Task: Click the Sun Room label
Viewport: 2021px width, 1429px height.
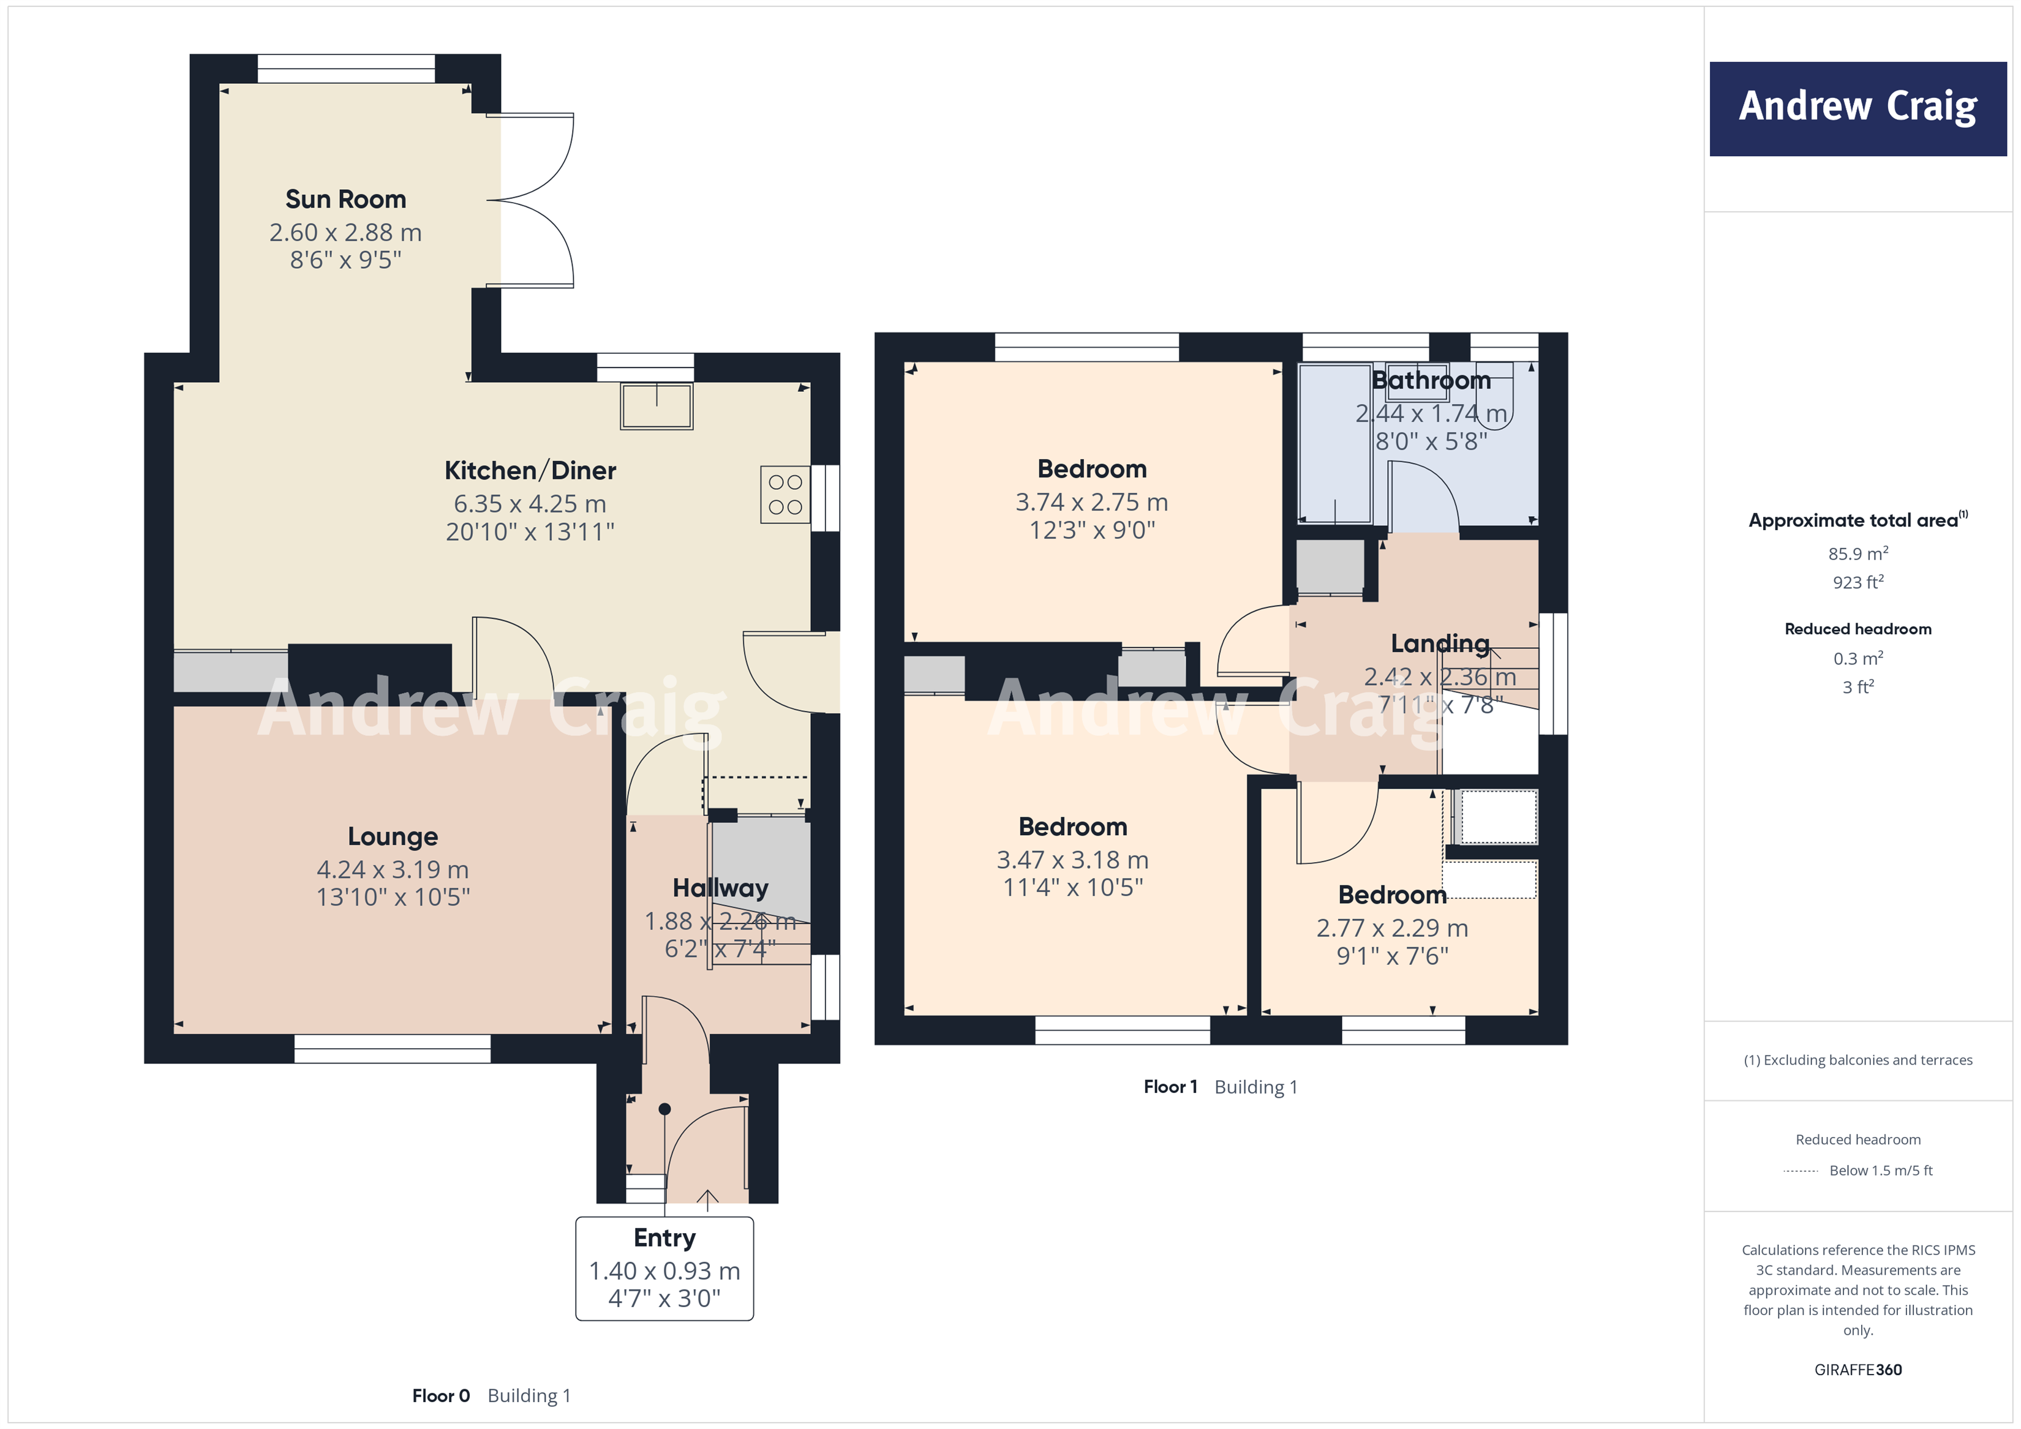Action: point(345,200)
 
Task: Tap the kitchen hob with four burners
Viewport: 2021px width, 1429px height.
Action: point(785,495)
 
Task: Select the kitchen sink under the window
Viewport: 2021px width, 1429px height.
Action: point(657,407)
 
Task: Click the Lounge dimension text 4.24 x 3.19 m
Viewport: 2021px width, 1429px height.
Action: point(393,869)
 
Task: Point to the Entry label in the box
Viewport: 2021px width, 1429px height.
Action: point(664,1237)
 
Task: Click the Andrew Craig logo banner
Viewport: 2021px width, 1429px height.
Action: point(1857,108)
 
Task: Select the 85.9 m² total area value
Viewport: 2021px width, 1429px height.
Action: point(1857,553)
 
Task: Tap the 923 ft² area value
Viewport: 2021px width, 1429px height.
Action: point(1857,582)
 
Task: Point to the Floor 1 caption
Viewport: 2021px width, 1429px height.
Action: point(1170,1087)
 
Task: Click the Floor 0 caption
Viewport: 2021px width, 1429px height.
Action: point(441,1395)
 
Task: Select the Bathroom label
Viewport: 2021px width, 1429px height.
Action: point(1431,380)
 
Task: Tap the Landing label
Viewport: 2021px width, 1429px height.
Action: point(1440,643)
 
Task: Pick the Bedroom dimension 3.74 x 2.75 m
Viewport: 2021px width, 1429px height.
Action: point(1091,503)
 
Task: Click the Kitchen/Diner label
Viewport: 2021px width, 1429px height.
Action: point(530,471)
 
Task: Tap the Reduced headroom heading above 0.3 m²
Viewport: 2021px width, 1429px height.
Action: point(1857,629)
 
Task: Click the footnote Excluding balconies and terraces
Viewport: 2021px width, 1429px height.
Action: point(1857,1060)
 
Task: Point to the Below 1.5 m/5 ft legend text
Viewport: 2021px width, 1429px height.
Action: point(1880,1170)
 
